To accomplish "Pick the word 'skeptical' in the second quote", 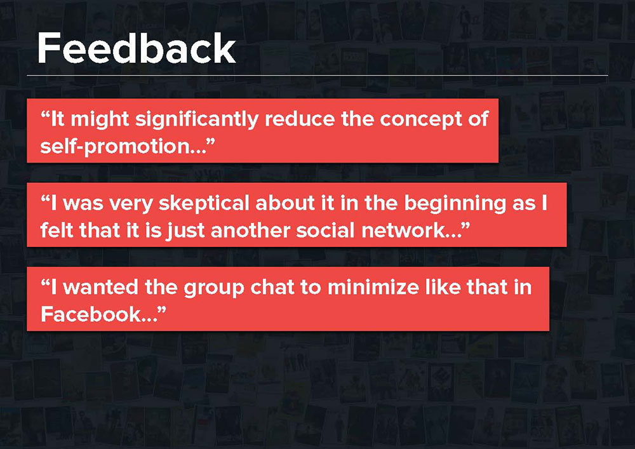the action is [204, 204].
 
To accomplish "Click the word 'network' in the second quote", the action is [403, 231].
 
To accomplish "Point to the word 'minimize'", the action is [373, 288].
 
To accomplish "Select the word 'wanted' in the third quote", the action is [100, 288].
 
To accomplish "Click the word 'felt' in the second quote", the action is [57, 231].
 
